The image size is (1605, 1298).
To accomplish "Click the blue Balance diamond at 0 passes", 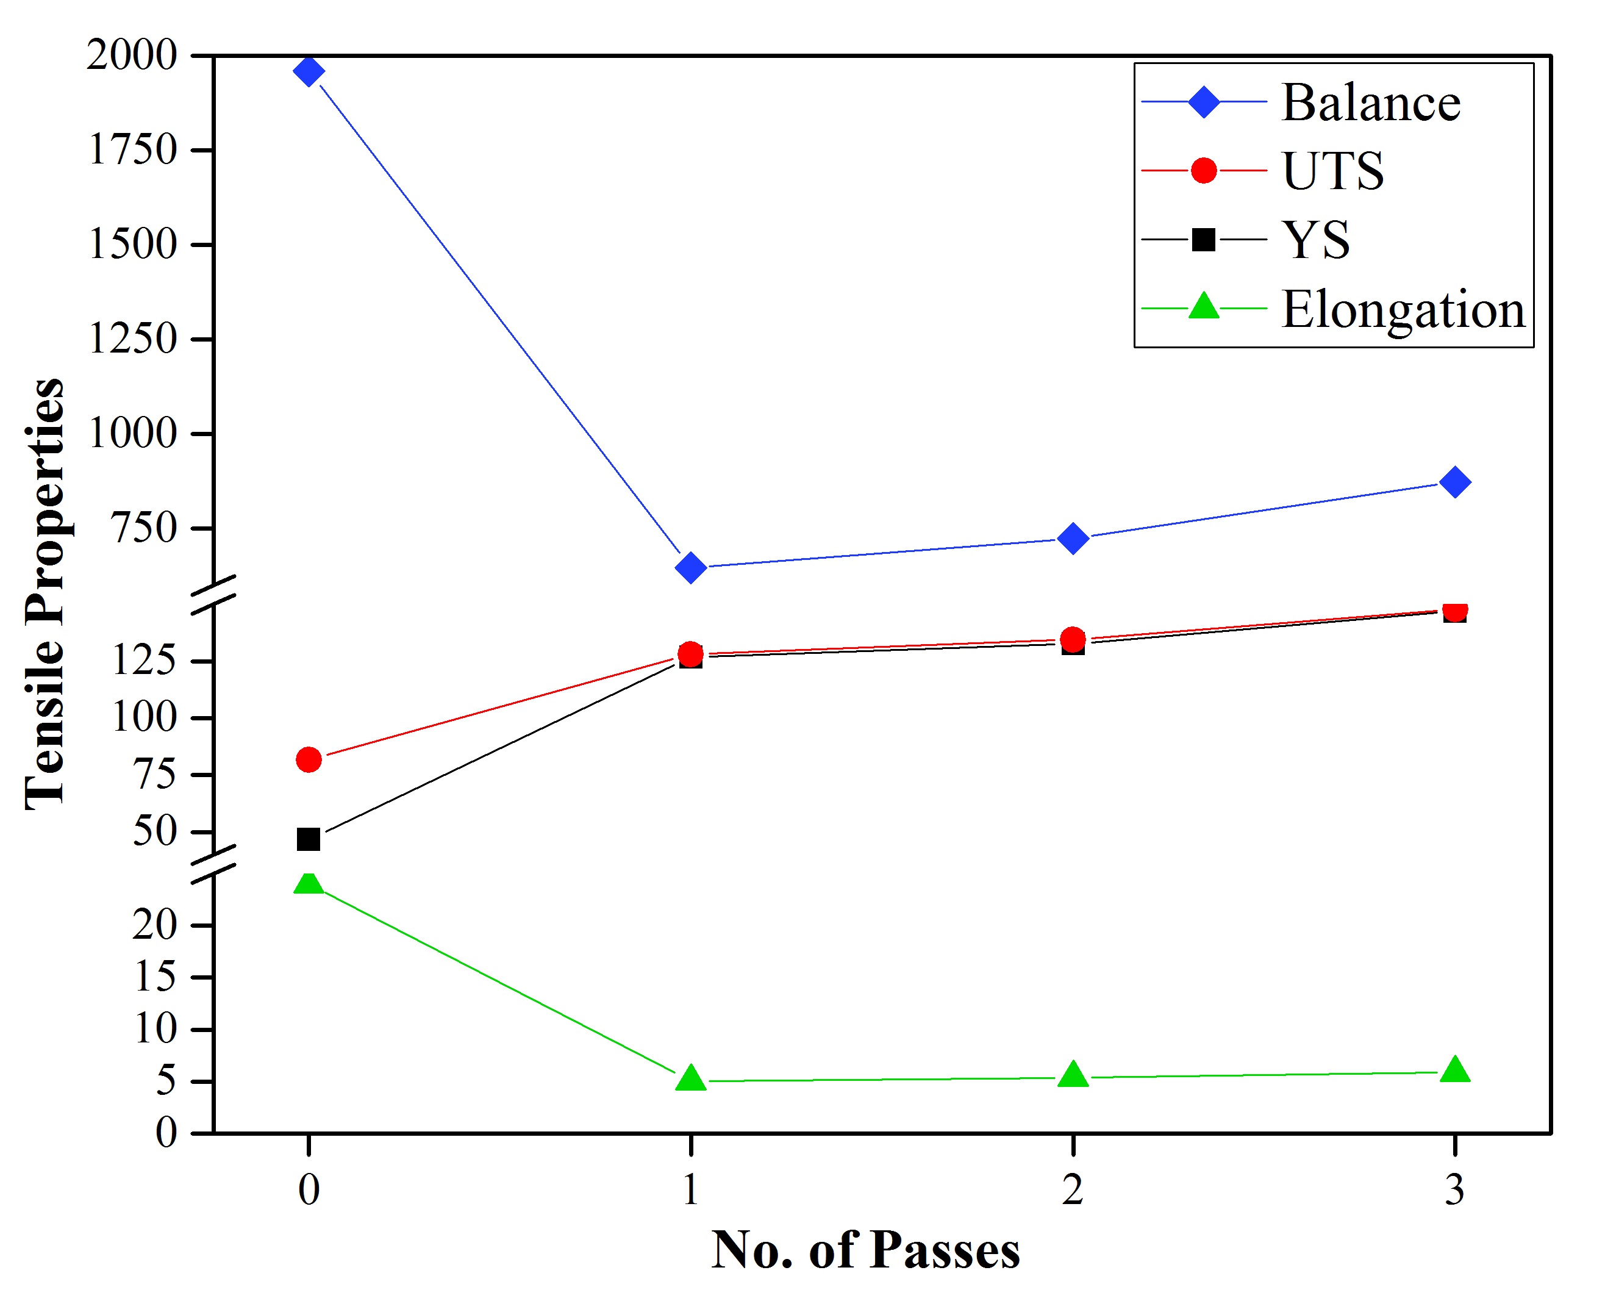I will pyautogui.click(x=309, y=72).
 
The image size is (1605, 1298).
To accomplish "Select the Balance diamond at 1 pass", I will pyautogui.click(x=691, y=567).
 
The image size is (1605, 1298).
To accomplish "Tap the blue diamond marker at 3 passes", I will pyautogui.click(x=1455, y=482).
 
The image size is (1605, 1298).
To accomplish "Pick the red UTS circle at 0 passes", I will pyautogui.click(x=309, y=759).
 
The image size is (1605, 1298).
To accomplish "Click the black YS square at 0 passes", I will pyautogui.click(x=309, y=839).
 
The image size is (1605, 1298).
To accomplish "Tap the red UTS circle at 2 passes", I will pyautogui.click(x=1073, y=639).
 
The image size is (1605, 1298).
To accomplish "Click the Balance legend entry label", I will pyautogui.click(x=1370, y=102).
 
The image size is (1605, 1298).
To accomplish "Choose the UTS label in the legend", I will pyautogui.click(x=1333, y=171).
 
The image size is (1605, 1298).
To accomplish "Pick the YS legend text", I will pyautogui.click(x=1316, y=240).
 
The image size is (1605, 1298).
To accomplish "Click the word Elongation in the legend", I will pyautogui.click(x=1403, y=309).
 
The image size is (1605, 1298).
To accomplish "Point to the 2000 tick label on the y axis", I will pyautogui.click(x=132, y=56).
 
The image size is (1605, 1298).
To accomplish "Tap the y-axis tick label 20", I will pyautogui.click(x=155, y=925).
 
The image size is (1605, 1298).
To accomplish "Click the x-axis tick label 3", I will pyautogui.click(x=1455, y=1189).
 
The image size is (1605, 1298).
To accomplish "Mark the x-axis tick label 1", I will pyautogui.click(x=691, y=1189).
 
